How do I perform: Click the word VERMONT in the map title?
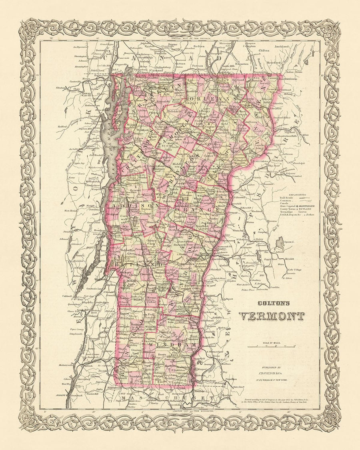(272, 316)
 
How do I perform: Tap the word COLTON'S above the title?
(272, 304)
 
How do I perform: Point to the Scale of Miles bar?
(272, 346)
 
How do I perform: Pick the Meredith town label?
(290, 259)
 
